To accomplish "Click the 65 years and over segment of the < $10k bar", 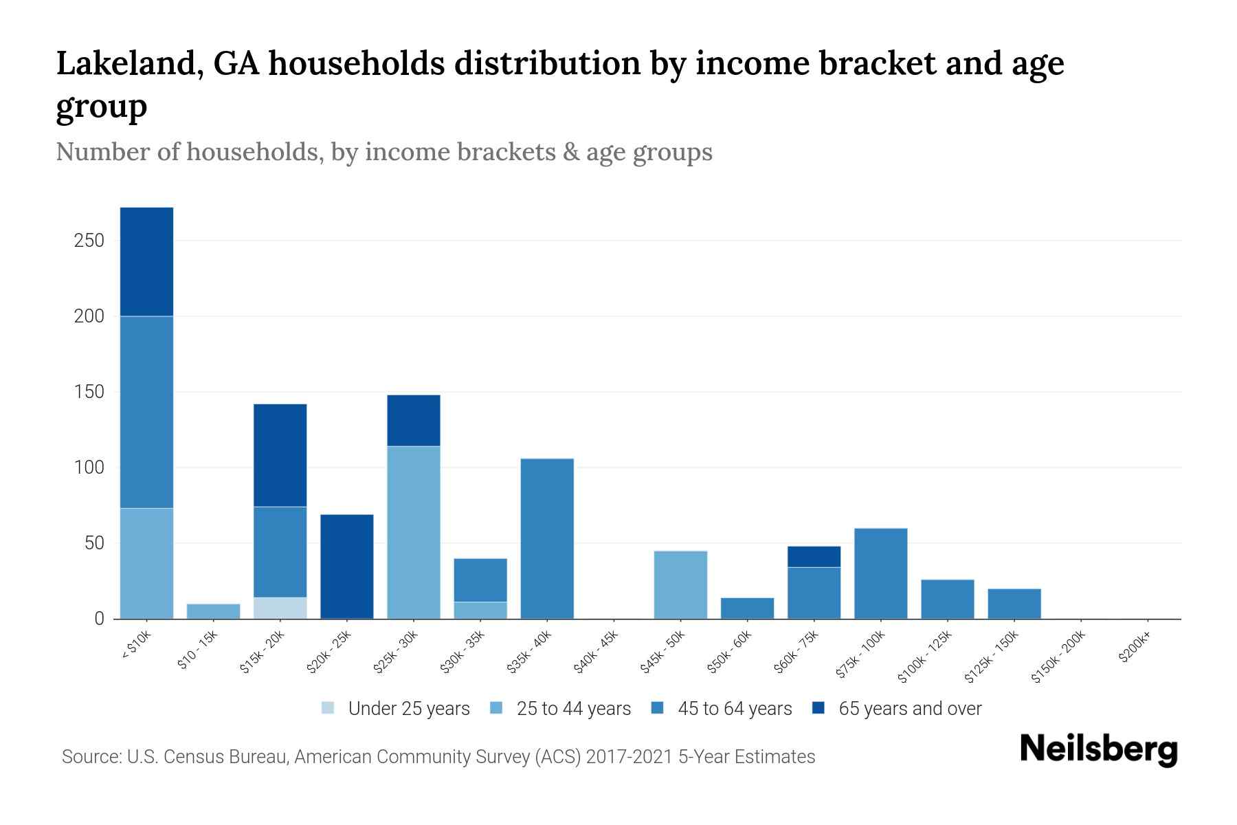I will click(146, 261).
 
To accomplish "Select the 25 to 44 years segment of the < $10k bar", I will click(146, 563).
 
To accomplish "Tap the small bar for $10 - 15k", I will click(213, 611).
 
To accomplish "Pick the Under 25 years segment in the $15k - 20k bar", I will click(280, 608).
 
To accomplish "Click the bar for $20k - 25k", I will click(347, 566).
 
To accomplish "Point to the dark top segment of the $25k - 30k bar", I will click(414, 420).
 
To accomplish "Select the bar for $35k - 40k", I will click(547, 538).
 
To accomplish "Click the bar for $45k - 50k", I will click(680, 584).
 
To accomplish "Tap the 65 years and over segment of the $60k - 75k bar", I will click(814, 556).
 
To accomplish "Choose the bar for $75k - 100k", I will click(880, 573).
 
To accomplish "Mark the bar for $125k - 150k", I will click(1014, 604).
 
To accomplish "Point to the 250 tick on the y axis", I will click(89, 241).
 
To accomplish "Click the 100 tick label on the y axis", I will click(89, 467).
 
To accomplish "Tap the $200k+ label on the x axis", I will click(1135, 648).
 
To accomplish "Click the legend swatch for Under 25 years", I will click(328, 708).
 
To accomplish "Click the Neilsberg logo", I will click(1098, 750).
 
